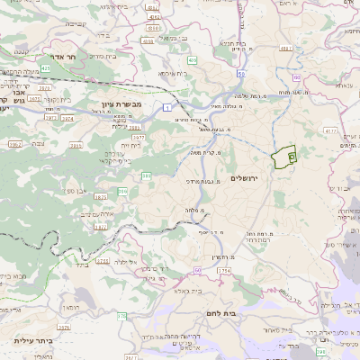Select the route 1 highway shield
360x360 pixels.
(x=167, y=107)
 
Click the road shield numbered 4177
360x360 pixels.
(x=331, y=132)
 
